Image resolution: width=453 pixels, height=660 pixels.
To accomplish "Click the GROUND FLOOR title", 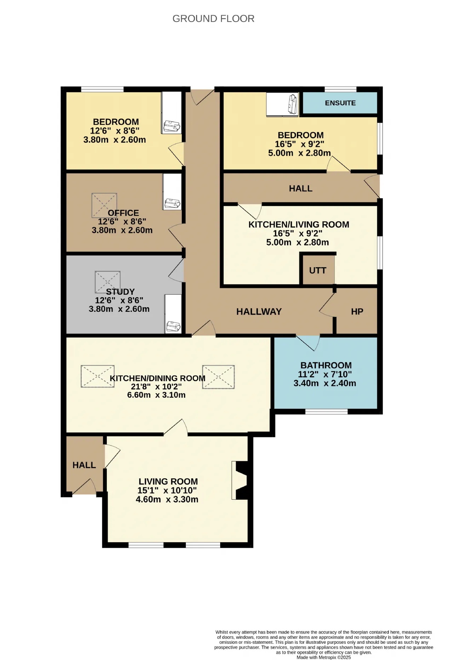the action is pyautogui.click(x=213, y=18).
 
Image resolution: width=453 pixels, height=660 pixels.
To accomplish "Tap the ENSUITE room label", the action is pyautogui.click(x=340, y=103).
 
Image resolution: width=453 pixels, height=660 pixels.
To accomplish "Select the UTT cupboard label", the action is pyautogui.click(x=317, y=270).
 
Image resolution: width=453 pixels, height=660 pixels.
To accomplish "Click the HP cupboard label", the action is pyautogui.click(x=357, y=311).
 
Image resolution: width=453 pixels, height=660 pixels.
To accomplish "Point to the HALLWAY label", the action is pyautogui.click(x=259, y=311).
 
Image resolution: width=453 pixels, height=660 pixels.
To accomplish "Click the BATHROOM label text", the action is pyautogui.click(x=326, y=365).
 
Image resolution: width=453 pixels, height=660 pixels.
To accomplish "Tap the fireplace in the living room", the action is pyautogui.click(x=240, y=480).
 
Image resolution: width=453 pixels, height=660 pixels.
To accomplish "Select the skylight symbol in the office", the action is pyautogui.click(x=104, y=205).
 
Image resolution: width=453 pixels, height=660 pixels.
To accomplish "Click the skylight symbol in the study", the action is pyautogui.click(x=108, y=282).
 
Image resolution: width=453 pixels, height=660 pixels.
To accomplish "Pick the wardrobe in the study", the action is pyautogui.click(x=173, y=314).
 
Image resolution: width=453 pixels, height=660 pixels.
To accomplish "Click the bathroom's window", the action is pyautogui.click(x=327, y=412).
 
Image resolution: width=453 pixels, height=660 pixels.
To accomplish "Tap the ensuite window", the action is pyautogui.click(x=340, y=89).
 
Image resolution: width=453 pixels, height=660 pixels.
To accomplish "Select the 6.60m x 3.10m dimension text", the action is pyautogui.click(x=156, y=395).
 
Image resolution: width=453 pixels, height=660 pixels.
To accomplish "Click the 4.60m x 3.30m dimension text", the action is pyautogui.click(x=167, y=499).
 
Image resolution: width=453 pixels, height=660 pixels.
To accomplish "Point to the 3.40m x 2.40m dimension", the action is pyautogui.click(x=325, y=383).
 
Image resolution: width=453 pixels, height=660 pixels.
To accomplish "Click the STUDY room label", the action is pyautogui.click(x=120, y=292).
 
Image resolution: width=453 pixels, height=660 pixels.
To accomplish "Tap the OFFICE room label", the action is pyautogui.click(x=123, y=213).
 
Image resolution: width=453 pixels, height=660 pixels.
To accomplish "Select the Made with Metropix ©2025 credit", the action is pyautogui.click(x=323, y=657).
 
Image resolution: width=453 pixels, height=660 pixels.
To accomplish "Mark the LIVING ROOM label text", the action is pyautogui.click(x=168, y=481).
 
